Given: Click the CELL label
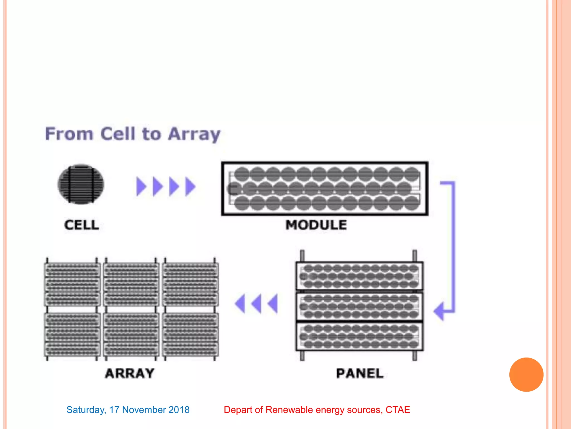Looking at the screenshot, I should pos(81,225).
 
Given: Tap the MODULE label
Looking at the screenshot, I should pos(316,225).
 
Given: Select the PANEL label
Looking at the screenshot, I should pos(360,373).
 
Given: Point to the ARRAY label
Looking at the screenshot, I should pos(130,373).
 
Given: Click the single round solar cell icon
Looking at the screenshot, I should pos(81,184).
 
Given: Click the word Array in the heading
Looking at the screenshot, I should pos(194,134).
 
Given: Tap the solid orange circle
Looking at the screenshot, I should pos(526,375).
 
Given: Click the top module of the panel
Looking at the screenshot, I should pos(359,276).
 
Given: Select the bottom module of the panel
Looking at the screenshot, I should pos(359,337).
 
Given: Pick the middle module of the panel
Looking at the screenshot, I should pos(359,306).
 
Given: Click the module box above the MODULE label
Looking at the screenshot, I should pos(325,189).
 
